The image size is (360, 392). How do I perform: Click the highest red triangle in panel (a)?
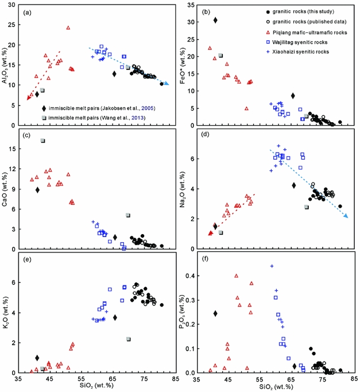(x=68, y=28)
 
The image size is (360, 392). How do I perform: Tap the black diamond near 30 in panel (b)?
(x=215, y=20)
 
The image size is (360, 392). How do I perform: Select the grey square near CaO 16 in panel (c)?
(x=42, y=141)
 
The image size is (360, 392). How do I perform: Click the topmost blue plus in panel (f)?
(x=272, y=266)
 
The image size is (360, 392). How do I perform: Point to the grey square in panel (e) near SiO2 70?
(x=129, y=339)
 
